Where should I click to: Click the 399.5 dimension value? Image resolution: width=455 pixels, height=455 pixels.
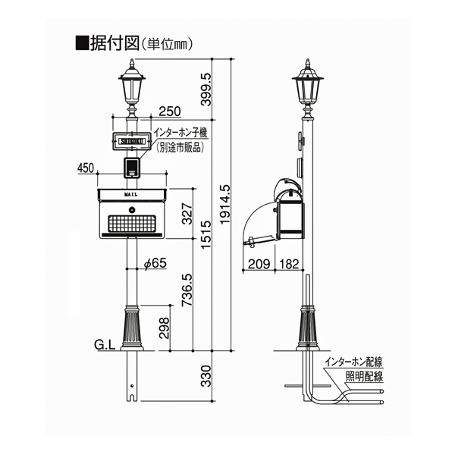[206, 89]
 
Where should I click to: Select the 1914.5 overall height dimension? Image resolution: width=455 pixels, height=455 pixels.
[225, 204]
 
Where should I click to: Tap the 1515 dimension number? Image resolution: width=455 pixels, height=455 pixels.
[206, 234]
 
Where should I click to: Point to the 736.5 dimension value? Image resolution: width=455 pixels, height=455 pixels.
[187, 290]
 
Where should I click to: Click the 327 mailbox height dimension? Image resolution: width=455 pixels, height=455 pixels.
[187, 214]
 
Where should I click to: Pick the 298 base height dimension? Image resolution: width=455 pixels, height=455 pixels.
[165, 328]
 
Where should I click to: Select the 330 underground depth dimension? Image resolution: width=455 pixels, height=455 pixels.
[206, 376]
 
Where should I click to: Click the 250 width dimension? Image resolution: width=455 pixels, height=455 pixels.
[170, 111]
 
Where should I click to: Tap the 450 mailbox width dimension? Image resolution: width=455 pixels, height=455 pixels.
[86, 168]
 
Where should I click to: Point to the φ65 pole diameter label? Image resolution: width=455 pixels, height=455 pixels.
[155, 263]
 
